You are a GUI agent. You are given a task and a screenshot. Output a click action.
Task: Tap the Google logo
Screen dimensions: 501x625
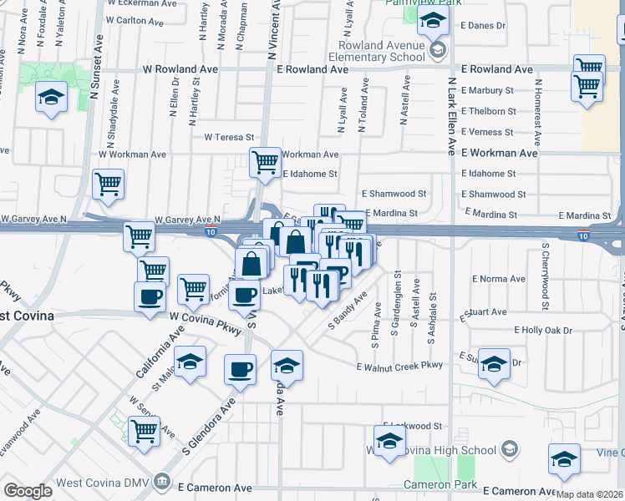(28, 490)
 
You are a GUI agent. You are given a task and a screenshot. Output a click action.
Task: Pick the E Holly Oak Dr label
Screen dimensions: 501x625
(543, 331)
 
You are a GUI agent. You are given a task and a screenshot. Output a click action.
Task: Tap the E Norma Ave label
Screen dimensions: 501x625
(495, 278)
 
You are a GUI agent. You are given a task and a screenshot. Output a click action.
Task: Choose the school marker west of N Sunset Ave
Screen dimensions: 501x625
(52, 99)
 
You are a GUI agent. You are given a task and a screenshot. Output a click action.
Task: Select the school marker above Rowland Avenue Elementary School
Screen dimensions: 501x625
(433, 23)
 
